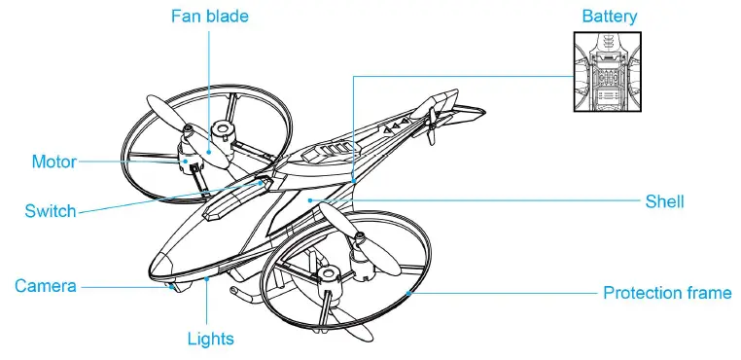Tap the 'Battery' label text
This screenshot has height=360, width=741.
(610, 17)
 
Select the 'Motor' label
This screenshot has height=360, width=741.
(53, 162)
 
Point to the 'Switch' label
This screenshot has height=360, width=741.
(51, 211)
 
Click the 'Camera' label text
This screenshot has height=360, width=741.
(46, 286)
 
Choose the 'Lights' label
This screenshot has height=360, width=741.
(210, 339)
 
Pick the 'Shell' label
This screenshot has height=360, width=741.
(665, 201)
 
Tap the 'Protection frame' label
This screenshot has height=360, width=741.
(667, 292)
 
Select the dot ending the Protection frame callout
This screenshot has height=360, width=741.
(409, 292)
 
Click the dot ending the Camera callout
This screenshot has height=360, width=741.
(171, 285)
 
